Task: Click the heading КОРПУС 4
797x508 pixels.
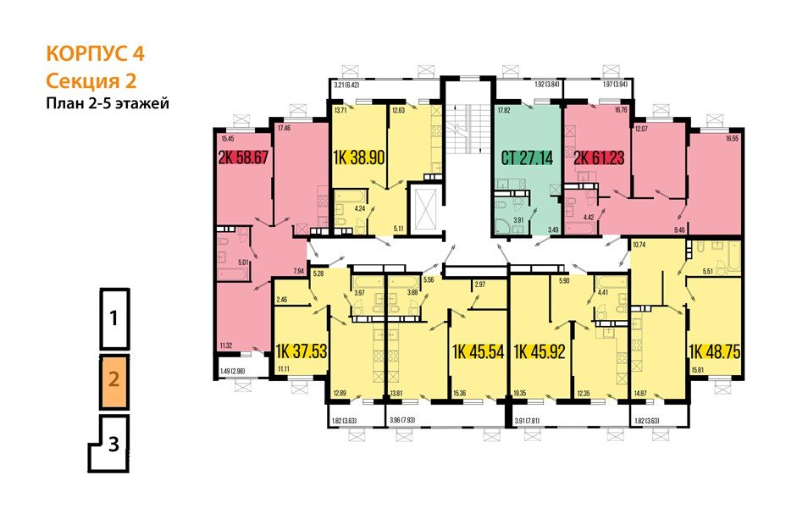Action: pos(95,55)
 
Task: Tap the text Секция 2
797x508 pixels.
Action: pos(91,81)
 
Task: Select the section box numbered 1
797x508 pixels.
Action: pos(114,319)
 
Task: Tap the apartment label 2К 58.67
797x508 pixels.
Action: pos(245,157)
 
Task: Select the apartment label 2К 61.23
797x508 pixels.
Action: pos(597,157)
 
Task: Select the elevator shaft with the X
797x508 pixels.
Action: pos(424,206)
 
